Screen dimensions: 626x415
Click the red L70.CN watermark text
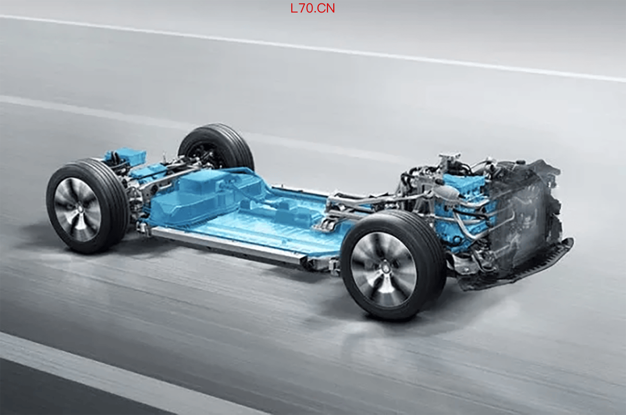[313, 8]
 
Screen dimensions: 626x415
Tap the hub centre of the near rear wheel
[78, 208]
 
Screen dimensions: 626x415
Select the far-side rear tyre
[216, 147]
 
